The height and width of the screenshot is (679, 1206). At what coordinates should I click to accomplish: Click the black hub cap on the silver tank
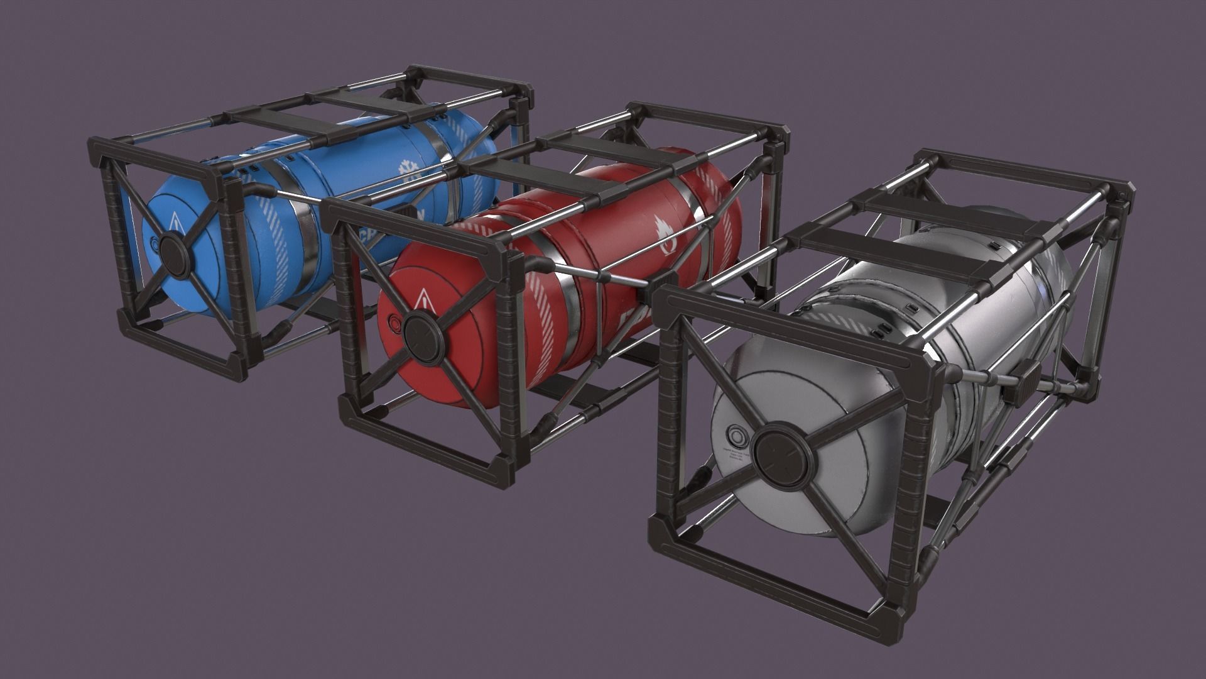[x=778, y=451]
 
